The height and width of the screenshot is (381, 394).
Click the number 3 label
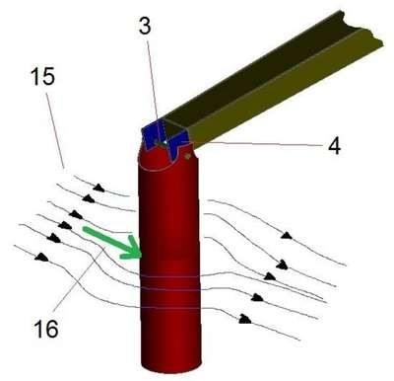[x=145, y=26]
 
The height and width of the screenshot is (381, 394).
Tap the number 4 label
[x=335, y=146]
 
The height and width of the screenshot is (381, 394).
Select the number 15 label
[x=42, y=77]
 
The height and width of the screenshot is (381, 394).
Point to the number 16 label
[x=46, y=329]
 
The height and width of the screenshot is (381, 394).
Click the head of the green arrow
[x=142, y=255]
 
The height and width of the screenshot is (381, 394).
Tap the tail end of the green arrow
[x=85, y=229]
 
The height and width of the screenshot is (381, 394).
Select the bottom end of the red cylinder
[x=170, y=364]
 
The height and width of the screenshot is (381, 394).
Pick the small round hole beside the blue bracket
[x=188, y=156]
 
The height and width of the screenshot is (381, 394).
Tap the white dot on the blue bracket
[x=165, y=142]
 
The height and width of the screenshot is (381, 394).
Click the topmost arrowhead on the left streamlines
[x=98, y=189]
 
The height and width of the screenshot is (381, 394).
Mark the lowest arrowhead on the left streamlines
[x=41, y=257]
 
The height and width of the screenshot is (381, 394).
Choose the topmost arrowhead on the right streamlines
[x=287, y=235]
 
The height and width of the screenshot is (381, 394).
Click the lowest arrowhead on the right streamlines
[x=245, y=319]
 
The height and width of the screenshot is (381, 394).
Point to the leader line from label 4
[x=259, y=144]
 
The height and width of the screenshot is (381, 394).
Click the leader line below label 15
[x=55, y=130]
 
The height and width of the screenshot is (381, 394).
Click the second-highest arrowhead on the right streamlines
[x=282, y=265]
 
